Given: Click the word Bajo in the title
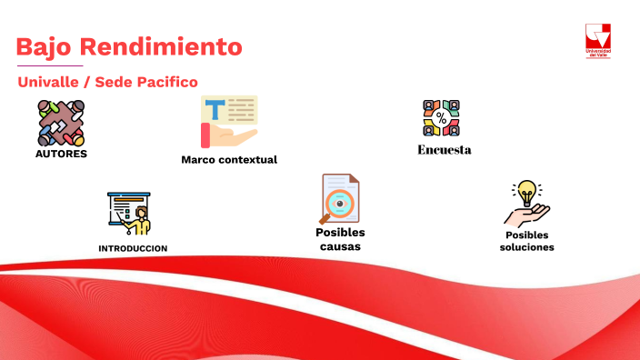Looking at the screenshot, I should point(44,46).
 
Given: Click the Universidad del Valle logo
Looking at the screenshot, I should point(597,42).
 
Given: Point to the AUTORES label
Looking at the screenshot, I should point(61,154).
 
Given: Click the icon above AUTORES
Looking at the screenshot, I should point(61,123).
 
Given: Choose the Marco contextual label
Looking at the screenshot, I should point(229,160).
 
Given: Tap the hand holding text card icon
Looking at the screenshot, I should point(229,121).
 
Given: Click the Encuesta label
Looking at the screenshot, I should point(445,150).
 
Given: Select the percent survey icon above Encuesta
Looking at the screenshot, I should point(442,118).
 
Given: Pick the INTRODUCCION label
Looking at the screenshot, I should point(133,248).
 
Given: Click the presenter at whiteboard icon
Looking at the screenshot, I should point(128,214).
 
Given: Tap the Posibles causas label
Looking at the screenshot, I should point(340,239).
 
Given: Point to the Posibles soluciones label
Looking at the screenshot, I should point(526,241).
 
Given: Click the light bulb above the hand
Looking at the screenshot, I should point(525,192).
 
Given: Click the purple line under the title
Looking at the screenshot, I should point(50,66).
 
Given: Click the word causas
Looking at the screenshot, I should point(340,246).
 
